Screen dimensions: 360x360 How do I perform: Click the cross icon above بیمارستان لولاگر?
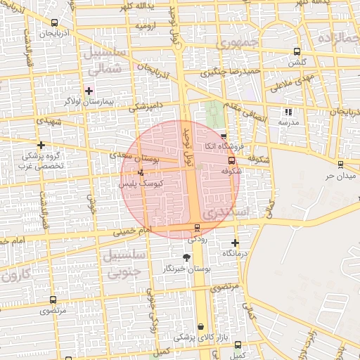89,91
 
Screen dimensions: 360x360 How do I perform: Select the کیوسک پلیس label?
141,183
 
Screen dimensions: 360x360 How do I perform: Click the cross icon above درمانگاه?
235,243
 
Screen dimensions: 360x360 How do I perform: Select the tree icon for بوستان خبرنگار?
186,258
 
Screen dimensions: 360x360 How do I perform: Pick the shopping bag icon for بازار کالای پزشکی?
202,327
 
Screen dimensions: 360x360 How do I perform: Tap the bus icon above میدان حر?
340,164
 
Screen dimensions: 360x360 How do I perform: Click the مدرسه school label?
288,122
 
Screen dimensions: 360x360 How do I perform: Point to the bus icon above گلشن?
297,51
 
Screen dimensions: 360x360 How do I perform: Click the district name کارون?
20,274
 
